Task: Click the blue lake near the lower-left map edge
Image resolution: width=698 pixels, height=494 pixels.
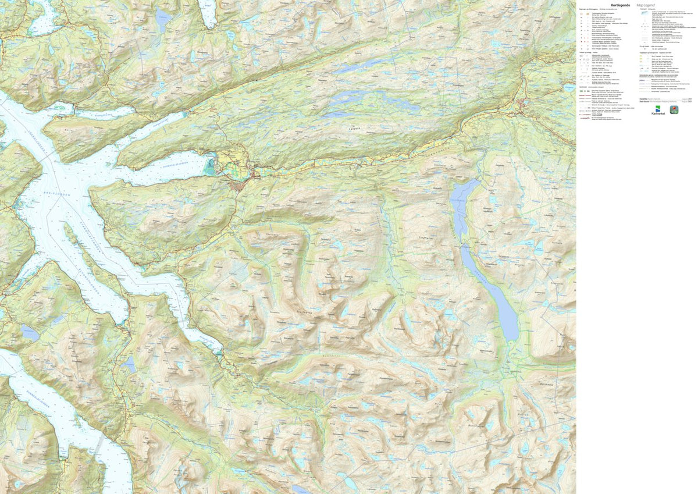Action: click(x=29, y=333)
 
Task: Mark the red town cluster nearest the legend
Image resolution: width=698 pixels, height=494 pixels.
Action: click(x=526, y=105)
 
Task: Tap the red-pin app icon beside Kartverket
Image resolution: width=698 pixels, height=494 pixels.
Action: click(x=675, y=110)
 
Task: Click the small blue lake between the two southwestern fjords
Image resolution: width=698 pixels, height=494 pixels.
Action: click(x=129, y=364)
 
